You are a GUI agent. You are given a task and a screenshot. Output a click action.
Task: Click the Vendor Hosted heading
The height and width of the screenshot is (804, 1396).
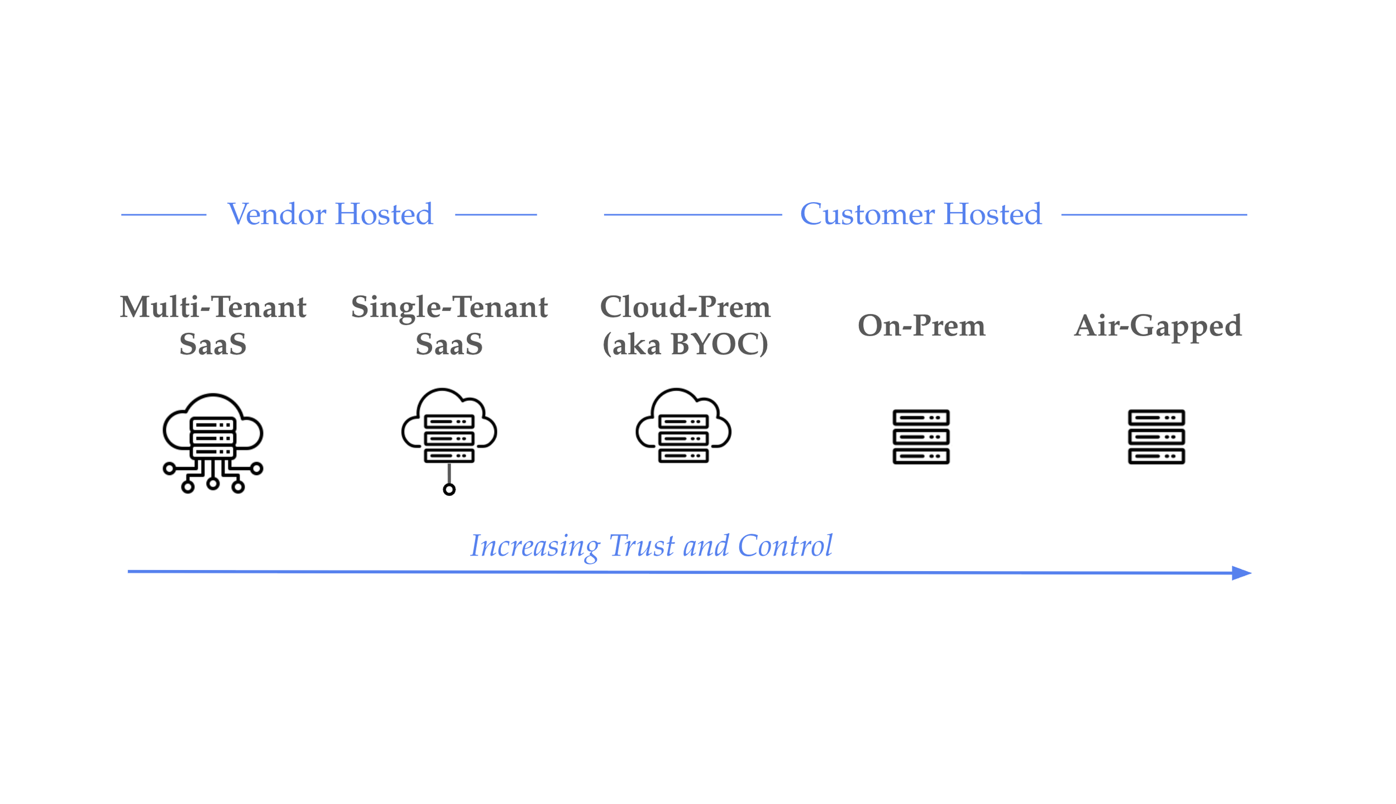(x=330, y=214)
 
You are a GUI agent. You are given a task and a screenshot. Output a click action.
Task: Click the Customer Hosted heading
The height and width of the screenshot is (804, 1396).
(x=920, y=214)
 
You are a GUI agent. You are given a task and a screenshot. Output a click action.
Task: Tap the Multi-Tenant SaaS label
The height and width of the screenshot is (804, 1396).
(x=213, y=325)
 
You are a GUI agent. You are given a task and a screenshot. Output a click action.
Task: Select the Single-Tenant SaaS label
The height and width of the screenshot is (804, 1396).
(x=449, y=325)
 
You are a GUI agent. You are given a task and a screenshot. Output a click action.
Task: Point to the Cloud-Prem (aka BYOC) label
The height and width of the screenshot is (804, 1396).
(x=685, y=325)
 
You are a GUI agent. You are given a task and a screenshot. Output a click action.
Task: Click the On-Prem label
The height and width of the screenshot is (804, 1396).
(x=921, y=326)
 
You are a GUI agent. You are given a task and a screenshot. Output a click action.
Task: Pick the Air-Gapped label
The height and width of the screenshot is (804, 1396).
(x=1158, y=326)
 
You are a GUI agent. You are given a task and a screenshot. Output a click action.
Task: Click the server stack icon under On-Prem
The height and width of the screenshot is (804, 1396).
(x=921, y=437)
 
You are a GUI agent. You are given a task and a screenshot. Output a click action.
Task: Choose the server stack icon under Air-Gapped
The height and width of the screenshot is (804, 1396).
(x=1156, y=437)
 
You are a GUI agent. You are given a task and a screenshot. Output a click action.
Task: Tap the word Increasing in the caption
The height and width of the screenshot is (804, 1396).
(x=534, y=546)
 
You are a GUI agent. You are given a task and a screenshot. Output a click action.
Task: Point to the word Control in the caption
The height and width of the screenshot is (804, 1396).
(x=785, y=546)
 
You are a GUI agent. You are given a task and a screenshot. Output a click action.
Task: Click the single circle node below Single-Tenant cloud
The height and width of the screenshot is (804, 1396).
(x=449, y=490)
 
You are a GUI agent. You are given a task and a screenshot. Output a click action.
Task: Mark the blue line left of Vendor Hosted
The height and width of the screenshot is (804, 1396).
(x=164, y=214)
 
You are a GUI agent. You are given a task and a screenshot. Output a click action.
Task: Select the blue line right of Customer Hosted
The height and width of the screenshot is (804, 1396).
(x=1154, y=214)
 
